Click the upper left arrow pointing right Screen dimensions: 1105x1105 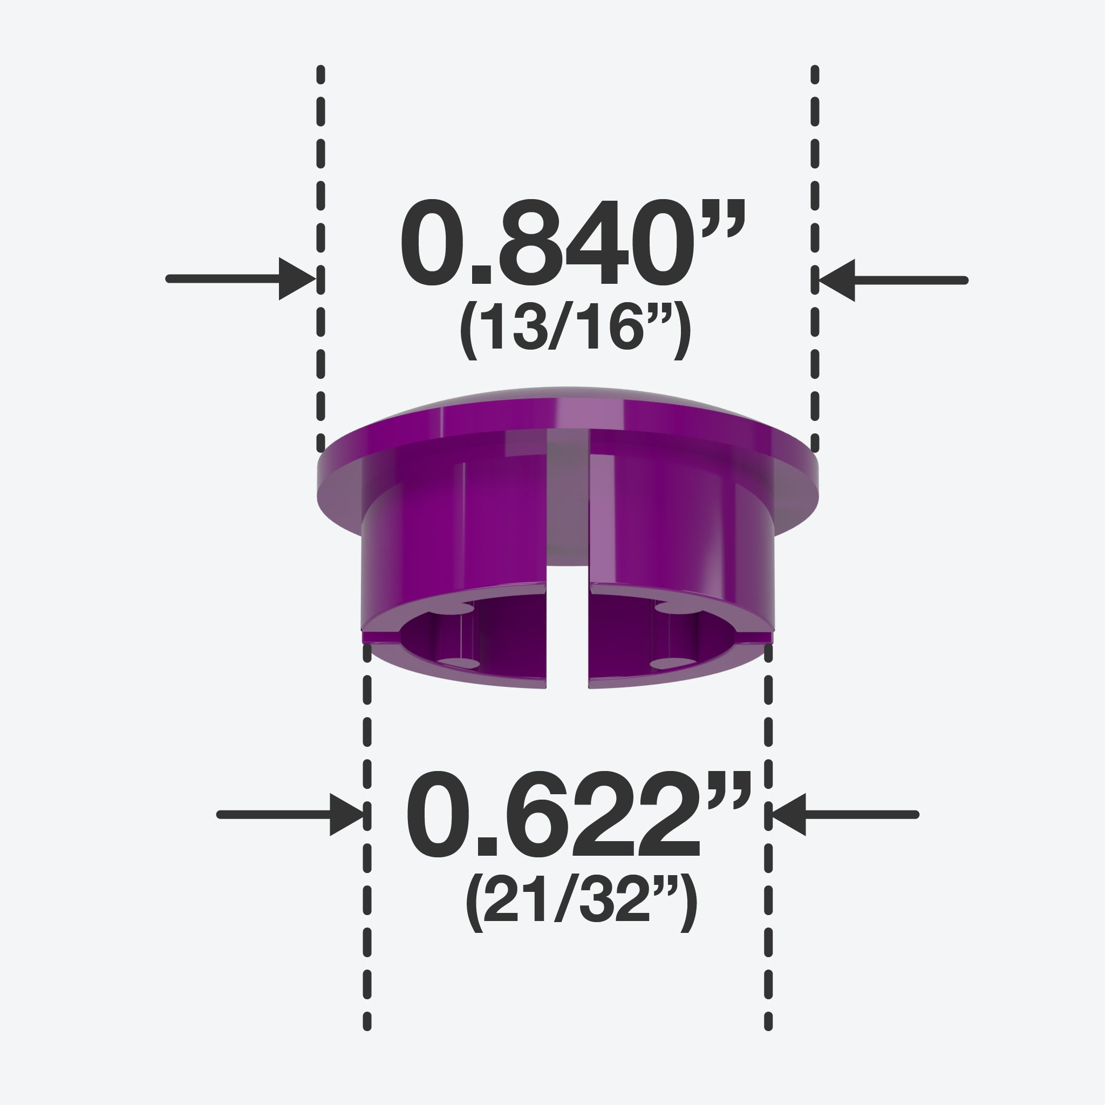click(241, 279)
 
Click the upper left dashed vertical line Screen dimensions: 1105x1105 click(321, 259)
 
